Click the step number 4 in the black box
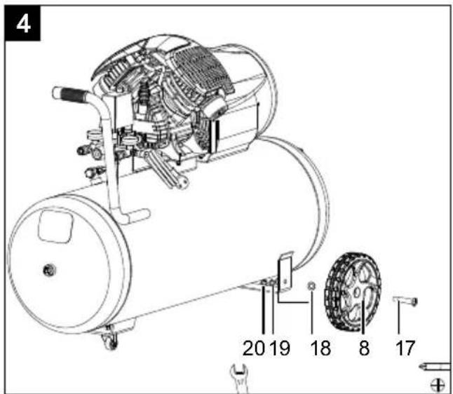click(23, 24)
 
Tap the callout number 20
click(253, 348)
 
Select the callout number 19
click(280, 348)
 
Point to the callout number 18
click(320, 348)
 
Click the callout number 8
click(364, 348)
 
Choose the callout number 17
click(405, 348)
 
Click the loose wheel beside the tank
click(353, 292)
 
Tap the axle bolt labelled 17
click(405, 301)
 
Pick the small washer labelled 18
click(311, 285)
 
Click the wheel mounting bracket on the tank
click(285, 271)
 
